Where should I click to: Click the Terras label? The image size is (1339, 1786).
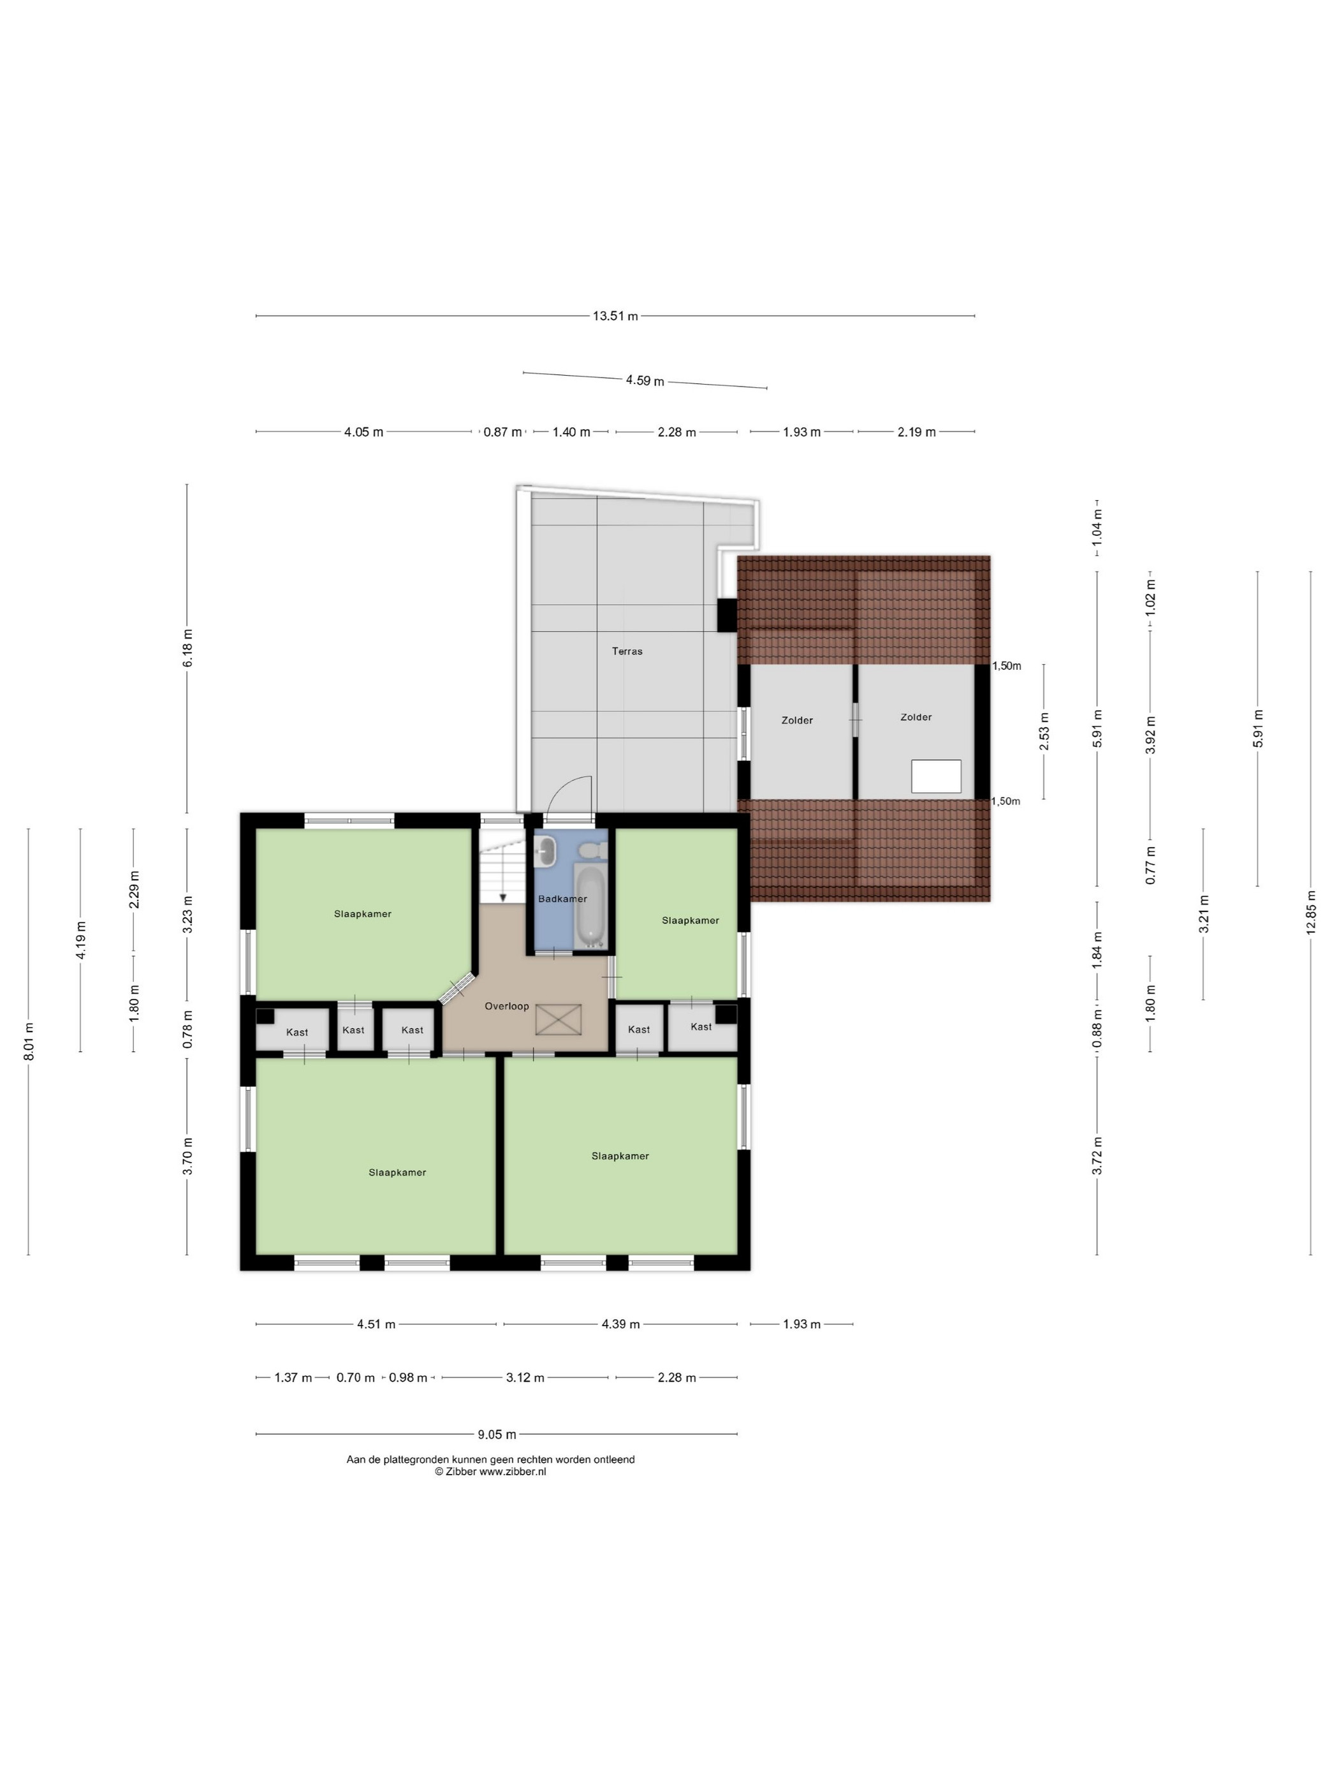627,651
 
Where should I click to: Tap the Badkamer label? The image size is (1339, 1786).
562,899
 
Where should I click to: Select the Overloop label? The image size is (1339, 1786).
507,1006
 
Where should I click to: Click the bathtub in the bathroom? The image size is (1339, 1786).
592,905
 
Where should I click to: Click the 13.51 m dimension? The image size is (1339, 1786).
615,316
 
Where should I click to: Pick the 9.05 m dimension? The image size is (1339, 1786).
496,1434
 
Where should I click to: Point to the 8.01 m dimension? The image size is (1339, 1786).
28,1042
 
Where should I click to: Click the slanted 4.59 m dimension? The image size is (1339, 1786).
645,380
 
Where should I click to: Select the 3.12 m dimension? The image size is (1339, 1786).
525,1377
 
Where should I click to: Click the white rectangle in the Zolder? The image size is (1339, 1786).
936,776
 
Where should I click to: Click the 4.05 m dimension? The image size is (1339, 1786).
363,432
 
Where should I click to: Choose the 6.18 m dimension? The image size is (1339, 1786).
187,648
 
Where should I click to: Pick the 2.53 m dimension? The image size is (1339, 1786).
1044,732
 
